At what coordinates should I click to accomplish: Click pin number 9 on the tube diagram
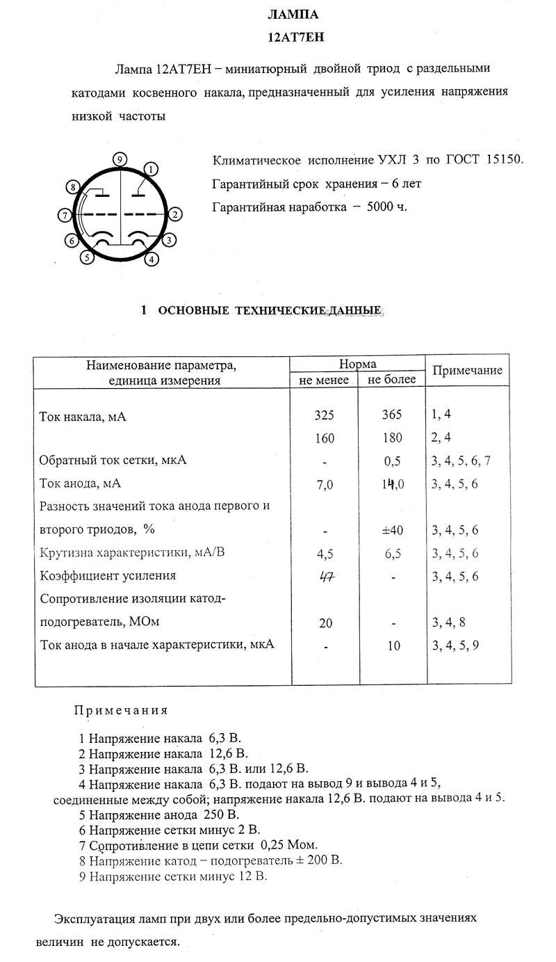(120, 159)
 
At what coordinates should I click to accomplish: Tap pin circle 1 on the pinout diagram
(152, 168)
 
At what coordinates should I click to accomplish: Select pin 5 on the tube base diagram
(87, 257)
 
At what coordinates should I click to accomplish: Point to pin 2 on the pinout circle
(176, 214)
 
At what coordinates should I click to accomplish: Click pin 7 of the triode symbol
(64, 215)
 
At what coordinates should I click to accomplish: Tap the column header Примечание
(467, 371)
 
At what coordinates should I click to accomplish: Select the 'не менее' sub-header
(323, 380)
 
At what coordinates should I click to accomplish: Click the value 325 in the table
(325, 415)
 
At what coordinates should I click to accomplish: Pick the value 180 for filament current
(392, 438)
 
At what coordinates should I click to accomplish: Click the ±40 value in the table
(392, 530)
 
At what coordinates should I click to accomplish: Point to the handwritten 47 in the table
(325, 576)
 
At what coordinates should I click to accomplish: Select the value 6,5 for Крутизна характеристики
(392, 553)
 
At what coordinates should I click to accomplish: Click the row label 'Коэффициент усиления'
(108, 576)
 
